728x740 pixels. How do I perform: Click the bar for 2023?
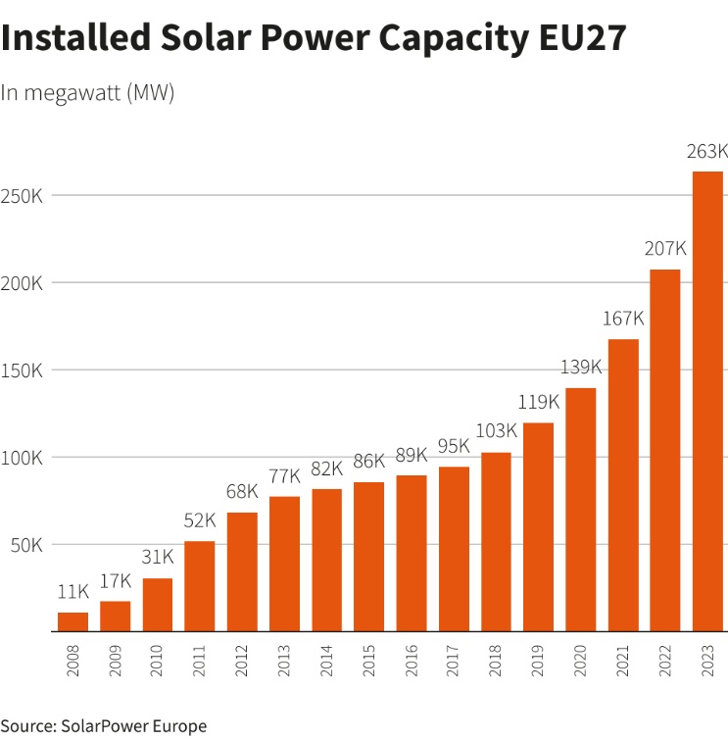point(707,402)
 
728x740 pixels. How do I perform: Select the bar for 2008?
point(73,622)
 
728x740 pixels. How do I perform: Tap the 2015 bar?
point(369,557)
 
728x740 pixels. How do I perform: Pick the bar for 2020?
point(581,510)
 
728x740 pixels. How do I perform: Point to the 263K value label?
point(707,152)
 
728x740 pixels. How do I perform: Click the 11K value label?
point(73,593)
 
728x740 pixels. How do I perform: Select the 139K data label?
point(581,368)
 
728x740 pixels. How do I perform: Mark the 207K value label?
point(665,249)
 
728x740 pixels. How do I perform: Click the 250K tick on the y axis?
point(22,196)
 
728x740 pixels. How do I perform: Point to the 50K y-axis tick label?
point(26,545)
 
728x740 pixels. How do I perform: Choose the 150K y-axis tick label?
point(22,370)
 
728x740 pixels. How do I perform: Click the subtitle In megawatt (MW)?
point(87,93)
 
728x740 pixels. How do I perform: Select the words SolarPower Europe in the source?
point(134,726)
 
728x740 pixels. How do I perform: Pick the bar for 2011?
point(200,586)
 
